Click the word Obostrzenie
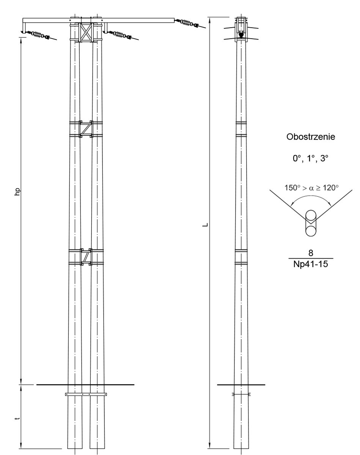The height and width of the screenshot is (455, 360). click(311, 137)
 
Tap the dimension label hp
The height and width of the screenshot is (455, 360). click(17, 192)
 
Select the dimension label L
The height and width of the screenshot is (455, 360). click(205, 225)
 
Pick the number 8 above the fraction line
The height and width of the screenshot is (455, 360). click(311, 253)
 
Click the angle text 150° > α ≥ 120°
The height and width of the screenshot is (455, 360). click(311, 188)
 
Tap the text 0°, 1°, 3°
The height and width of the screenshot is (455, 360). click(310, 158)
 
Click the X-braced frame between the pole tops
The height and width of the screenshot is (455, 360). click(86, 32)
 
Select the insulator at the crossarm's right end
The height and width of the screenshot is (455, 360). click(187, 23)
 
